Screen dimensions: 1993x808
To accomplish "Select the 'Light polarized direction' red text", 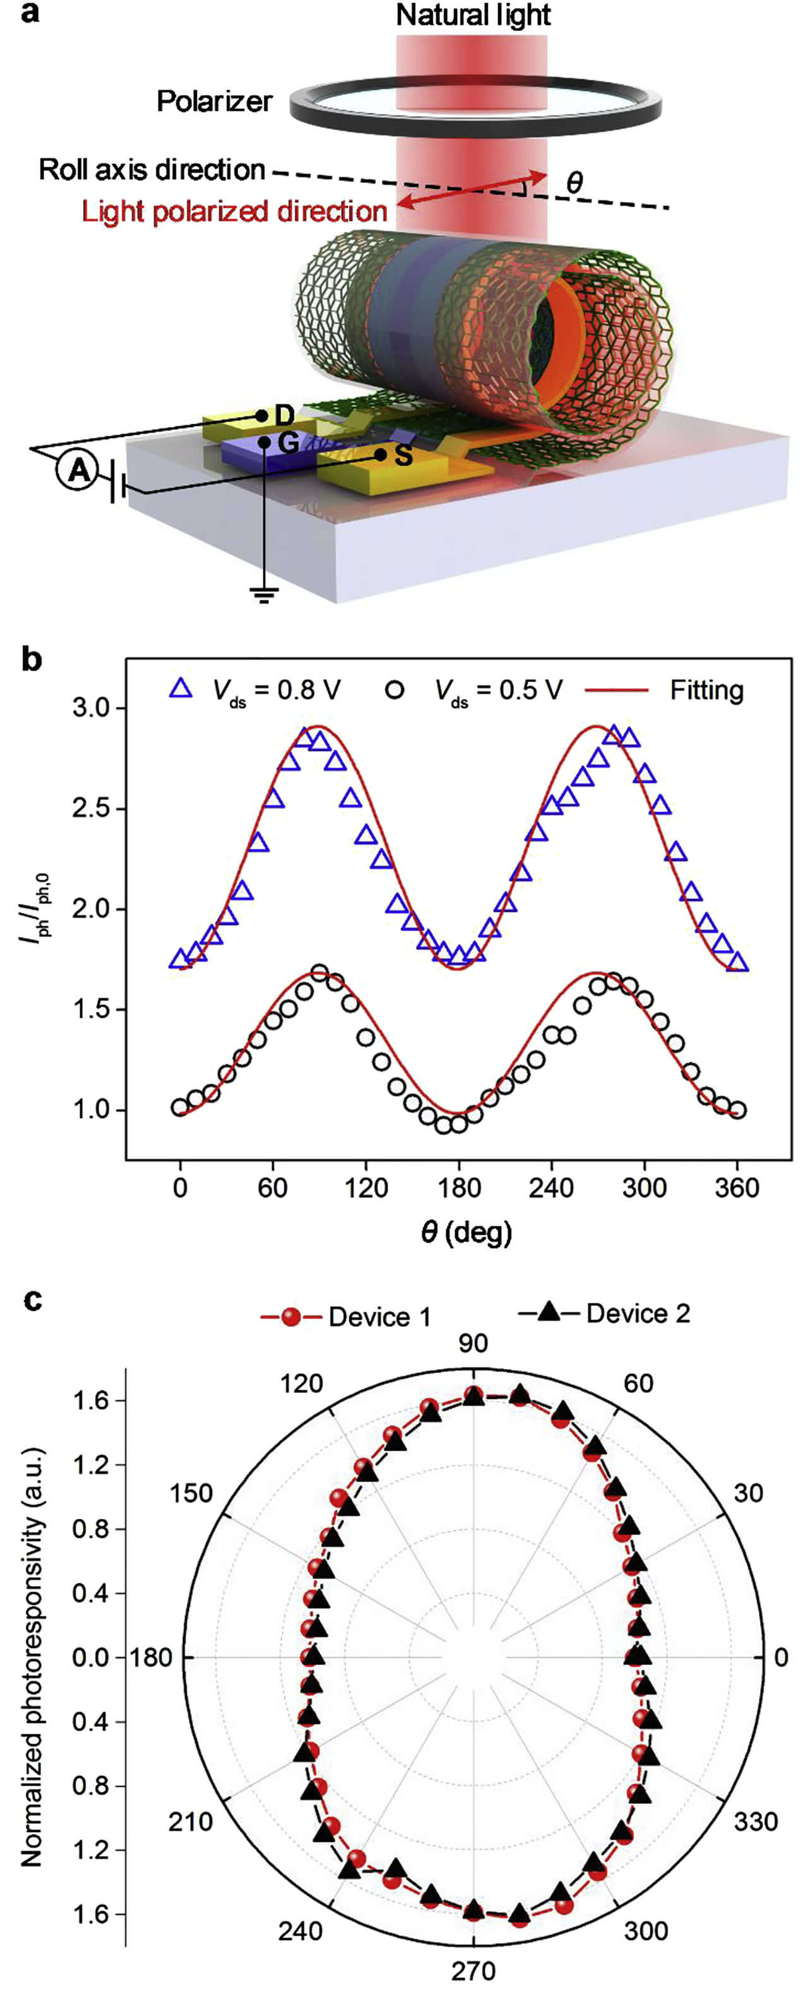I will point(234,211).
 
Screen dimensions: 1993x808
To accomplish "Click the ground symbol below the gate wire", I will point(264,594).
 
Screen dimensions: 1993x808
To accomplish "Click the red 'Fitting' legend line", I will point(616,690).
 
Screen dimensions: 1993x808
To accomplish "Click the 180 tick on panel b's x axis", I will point(459,1186).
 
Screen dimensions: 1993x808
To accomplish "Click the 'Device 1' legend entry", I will point(379,1316).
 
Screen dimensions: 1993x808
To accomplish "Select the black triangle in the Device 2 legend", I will point(549,1312).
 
